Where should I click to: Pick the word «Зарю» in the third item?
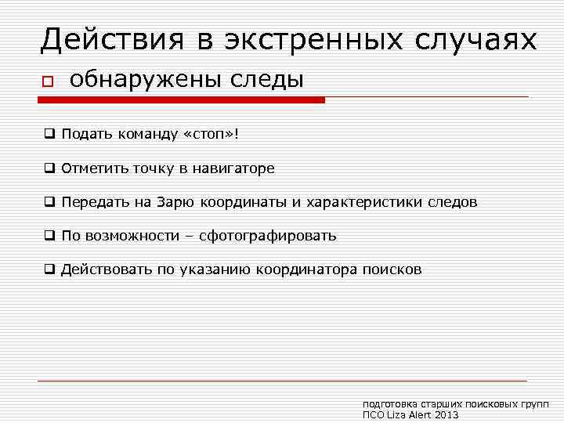[x=176, y=202]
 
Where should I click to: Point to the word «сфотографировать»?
[x=268, y=236]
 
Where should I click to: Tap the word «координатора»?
[x=310, y=269]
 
